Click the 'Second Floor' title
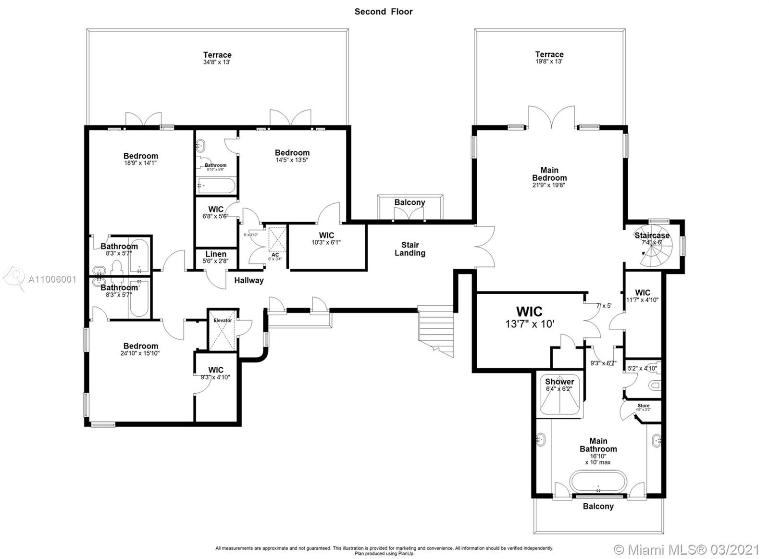coord(384,12)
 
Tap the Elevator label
coord(223,320)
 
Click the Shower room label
coord(559,382)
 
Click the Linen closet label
coord(216,254)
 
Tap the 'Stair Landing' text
coord(410,249)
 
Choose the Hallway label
coord(249,280)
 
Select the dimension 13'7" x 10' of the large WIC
coord(530,324)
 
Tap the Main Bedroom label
coord(549,174)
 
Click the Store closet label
coord(644,406)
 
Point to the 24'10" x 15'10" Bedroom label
coord(141,349)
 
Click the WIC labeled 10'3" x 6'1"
coord(326,238)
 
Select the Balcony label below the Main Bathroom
coord(598,506)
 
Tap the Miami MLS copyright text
coord(687,549)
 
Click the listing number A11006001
coord(52,279)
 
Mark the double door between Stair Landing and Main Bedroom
coord(484,246)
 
